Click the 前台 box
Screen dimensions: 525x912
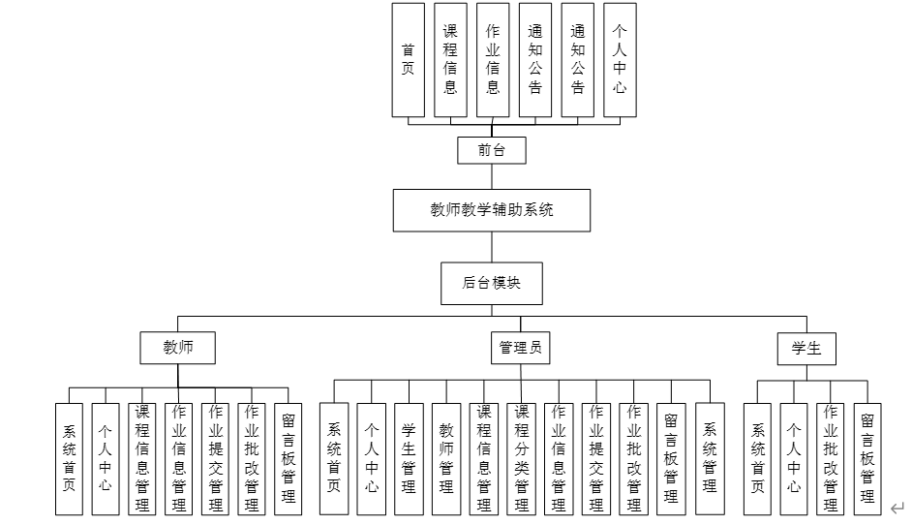(492, 150)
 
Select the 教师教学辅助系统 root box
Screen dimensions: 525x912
(492, 209)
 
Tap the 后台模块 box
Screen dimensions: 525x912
(492, 283)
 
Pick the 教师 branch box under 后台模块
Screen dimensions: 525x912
(177, 348)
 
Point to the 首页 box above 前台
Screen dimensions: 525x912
(408, 60)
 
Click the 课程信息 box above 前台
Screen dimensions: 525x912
(450, 60)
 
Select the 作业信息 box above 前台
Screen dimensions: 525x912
(493, 60)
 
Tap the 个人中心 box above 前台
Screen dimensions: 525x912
(621, 60)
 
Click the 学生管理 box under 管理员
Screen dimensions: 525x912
(409, 458)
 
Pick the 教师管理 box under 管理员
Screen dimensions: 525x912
(446, 458)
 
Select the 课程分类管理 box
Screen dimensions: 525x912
(522, 458)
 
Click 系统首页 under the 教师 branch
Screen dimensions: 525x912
(69, 458)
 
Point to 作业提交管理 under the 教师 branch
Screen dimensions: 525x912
(215, 458)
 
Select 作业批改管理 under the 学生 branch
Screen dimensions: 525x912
(831, 458)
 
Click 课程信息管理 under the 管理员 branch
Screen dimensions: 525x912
(484, 458)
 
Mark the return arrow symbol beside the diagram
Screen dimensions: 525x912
(897, 506)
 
